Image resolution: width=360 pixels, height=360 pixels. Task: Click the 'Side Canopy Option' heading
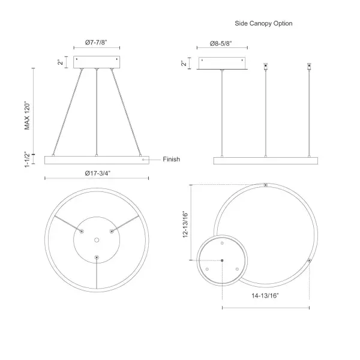point(263,23)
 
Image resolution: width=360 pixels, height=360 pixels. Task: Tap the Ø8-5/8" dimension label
point(220,43)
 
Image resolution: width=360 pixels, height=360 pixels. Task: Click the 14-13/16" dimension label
point(265,296)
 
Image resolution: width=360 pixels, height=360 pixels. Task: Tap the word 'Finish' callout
point(171,160)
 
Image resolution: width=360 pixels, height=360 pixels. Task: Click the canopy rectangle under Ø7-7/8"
point(97,62)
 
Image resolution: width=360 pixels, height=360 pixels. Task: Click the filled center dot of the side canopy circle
point(222,260)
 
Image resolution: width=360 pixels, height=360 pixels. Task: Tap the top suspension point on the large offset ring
point(266,185)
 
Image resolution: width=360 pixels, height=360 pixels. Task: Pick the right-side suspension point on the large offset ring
point(309,260)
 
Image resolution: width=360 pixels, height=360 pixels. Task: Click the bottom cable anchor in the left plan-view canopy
point(96,257)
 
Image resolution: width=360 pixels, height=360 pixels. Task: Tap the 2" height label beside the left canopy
point(61,62)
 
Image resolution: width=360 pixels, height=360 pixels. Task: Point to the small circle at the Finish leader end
point(142,160)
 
